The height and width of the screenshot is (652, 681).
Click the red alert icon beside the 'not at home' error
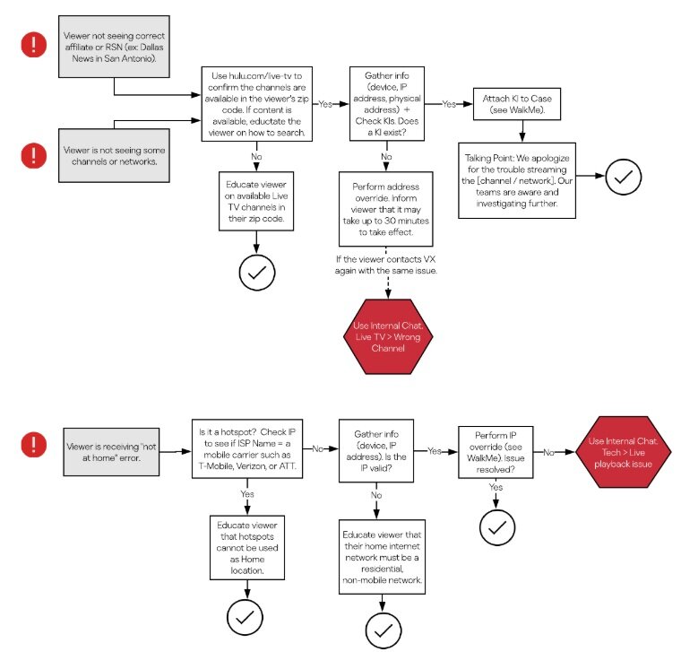(34, 444)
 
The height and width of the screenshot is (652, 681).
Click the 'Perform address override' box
(387, 209)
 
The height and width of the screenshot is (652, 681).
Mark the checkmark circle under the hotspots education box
(249, 617)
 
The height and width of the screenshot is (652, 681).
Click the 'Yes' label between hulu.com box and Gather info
(325, 103)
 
